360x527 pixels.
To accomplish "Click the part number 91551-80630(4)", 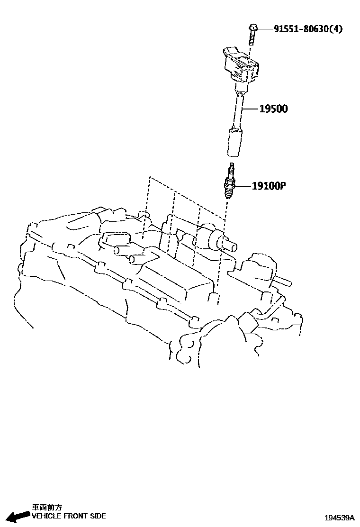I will [308, 29].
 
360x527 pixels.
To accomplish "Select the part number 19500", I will [273, 109].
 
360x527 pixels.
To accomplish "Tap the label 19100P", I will [269, 186].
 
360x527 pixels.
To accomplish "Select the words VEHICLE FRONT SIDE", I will [69, 516].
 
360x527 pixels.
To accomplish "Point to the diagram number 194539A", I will [339, 518].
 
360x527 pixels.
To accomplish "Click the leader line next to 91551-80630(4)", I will [264, 29].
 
